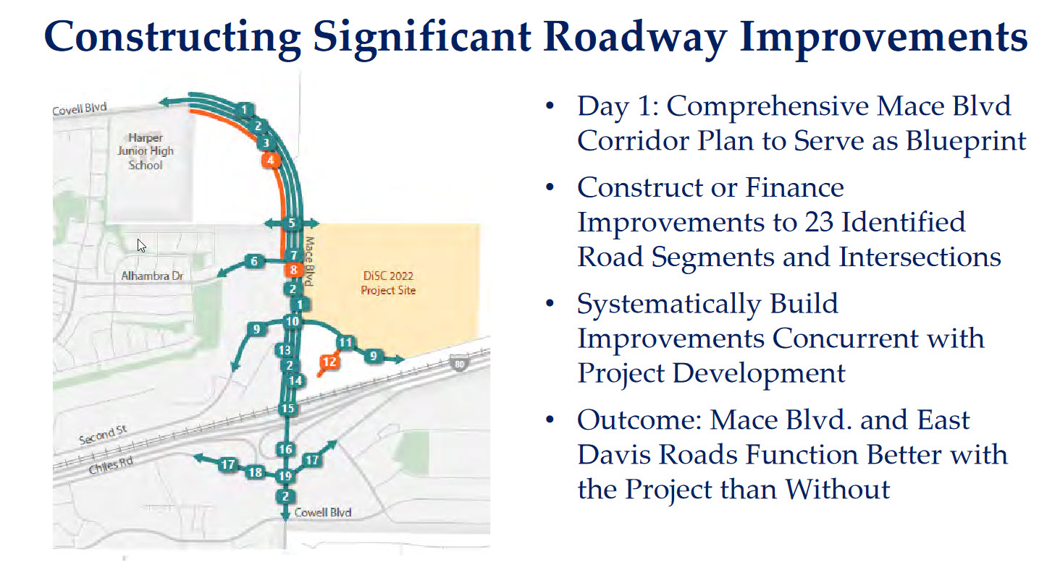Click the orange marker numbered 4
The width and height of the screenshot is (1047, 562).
click(271, 161)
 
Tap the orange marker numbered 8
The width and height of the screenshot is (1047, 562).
click(293, 270)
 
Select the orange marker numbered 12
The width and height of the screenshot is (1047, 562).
click(329, 362)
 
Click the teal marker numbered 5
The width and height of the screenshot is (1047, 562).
click(292, 223)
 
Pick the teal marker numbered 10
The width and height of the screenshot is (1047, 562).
click(293, 321)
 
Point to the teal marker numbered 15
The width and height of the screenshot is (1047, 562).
click(288, 409)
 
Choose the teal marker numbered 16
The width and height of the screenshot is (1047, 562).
click(285, 449)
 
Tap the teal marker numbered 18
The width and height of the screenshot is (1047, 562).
click(255, 472)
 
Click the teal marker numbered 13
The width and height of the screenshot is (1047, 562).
click(284, 350)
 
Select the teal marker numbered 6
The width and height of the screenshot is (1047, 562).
click(254, 261)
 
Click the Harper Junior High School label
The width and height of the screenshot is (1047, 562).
click(146, 151)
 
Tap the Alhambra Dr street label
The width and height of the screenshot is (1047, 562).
click(152, 276)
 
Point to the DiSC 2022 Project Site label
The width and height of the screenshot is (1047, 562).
click(388, 283)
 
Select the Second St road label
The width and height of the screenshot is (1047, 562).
click(103, 435)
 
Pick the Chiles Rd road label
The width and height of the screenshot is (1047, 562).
click(112, 465)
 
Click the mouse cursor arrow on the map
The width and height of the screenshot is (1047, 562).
click(142, 245)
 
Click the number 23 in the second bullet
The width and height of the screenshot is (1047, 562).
click(819, 222)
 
